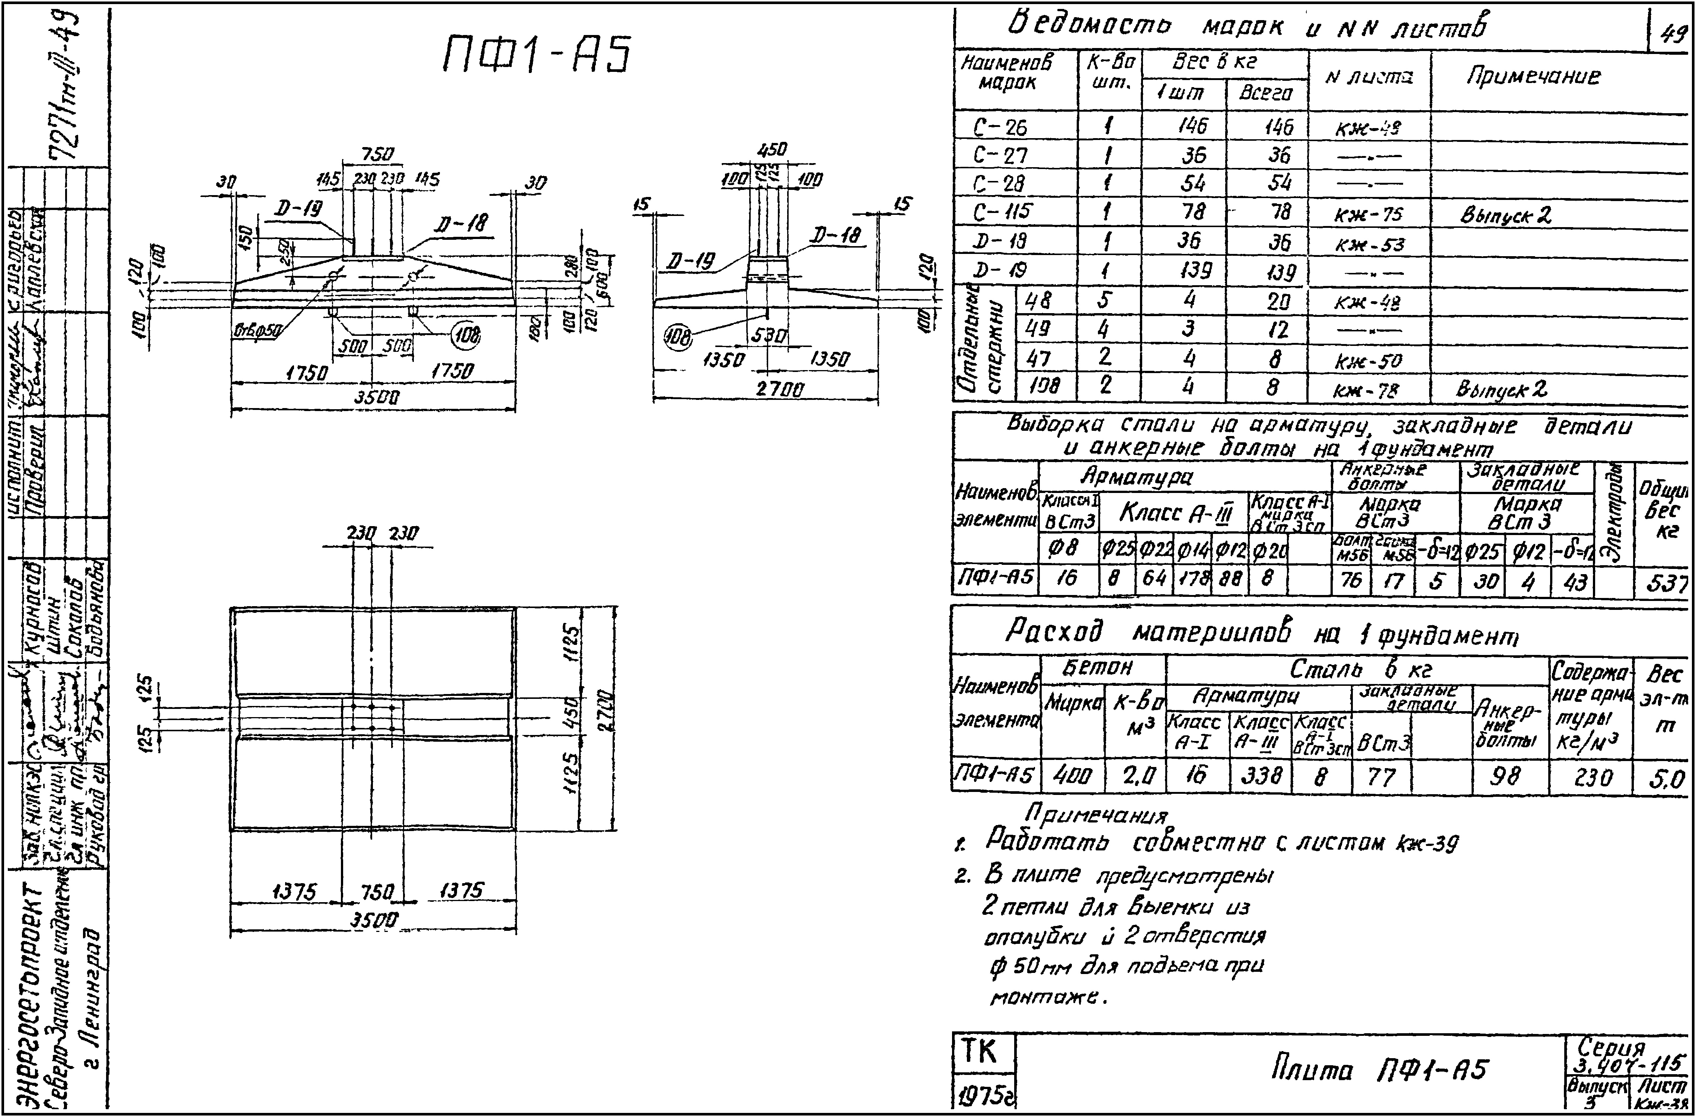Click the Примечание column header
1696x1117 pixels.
tap(1532, 76)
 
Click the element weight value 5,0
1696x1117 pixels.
tap(1665, 780)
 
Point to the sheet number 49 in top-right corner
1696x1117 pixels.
tap(1672, 33)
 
